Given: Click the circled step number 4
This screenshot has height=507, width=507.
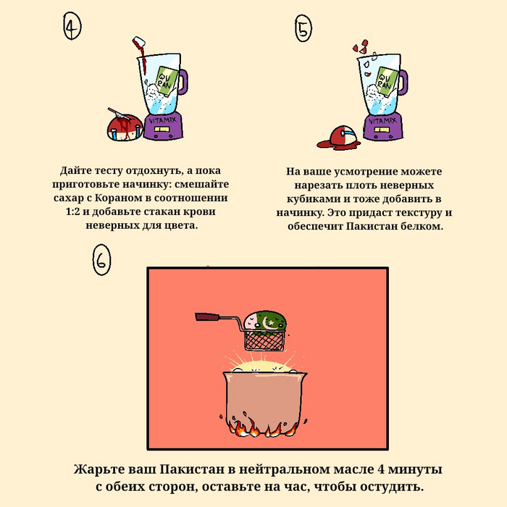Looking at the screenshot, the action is point(72,26).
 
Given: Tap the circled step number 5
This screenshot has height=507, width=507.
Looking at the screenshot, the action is point(303,28).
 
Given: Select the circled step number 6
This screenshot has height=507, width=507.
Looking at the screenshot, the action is point(101,259).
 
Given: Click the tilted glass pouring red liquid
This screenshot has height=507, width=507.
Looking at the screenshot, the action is point(139,42).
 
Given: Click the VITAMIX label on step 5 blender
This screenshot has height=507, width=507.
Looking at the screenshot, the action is point(382,121).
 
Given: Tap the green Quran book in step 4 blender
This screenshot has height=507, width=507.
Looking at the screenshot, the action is point(167,81).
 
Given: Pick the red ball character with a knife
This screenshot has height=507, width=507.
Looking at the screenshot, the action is point(125,127).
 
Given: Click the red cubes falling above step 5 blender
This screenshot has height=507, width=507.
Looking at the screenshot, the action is point(361,46).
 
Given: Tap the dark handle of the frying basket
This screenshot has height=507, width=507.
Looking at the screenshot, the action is point(207,317).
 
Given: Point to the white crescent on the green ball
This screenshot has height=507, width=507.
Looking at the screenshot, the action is point(266,322).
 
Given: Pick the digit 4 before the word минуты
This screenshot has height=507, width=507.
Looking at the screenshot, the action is point(381,469).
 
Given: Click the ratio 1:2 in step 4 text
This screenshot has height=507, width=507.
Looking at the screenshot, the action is point(72,211).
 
